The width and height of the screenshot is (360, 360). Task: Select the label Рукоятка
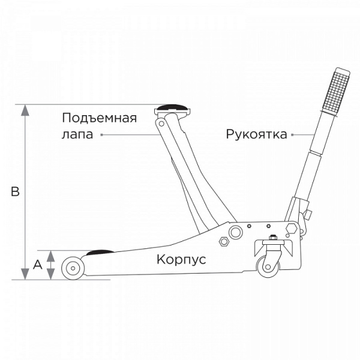257,134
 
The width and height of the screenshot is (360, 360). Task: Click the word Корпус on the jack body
181,260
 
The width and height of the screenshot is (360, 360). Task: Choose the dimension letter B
16,192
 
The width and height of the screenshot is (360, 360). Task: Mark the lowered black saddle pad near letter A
101,252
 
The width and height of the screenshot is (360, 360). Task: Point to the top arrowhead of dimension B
25,110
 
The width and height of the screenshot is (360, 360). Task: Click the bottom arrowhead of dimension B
25,275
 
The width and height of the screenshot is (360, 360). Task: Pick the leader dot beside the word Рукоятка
292,134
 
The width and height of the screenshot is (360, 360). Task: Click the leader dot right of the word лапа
102,135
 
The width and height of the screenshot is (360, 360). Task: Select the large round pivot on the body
236,231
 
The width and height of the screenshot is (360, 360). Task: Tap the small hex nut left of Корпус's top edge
224,242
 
